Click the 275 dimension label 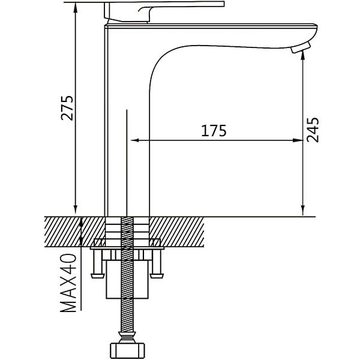[x=67, y=107]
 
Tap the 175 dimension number [x=214, y=131]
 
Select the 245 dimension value [x=313, y=130]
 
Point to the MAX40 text [x=68, y=283]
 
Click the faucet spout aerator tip [x=301, y=47]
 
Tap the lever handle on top [x=164, y=11]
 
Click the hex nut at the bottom [x=127, y=350]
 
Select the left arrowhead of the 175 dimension [x=135, y=140]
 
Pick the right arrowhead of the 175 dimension [x=298, y=140]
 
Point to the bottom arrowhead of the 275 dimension [x=76, y=210]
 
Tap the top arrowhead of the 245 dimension [x=303, y=56]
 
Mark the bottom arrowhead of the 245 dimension [x=303, y=210]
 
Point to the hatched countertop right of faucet [x=176, y=232]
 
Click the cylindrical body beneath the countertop [x=127, y=279]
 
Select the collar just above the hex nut [x=127, y=337]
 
